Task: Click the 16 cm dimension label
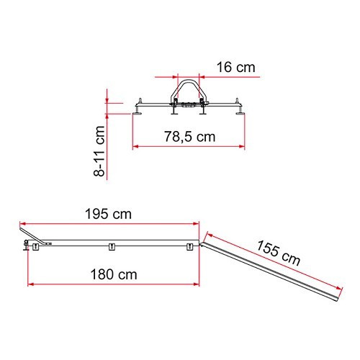pyautogui.click(x=235, y=67)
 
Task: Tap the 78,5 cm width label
pyautogui.click(x=189, y=137)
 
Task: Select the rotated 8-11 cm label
pyautogui.click(x=99, y=151)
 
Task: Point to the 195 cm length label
pyautogui.click(x=108, y=214)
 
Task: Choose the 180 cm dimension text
pyautogui.click(x=114, y=274)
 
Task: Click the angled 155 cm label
pyautogui.click(x=279, y=253)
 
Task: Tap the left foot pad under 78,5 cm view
pyautogui.click(x=138, y=113)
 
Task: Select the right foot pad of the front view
pyautogui.click(x=239, y=113)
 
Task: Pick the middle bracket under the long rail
pyautogui.click(x=112, y=247)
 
